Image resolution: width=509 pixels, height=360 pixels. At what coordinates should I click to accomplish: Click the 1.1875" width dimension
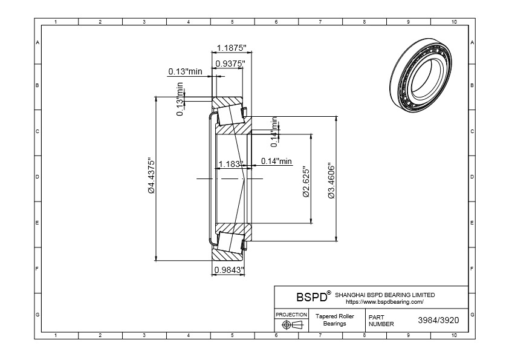pyautogui.click(x=230, y=48)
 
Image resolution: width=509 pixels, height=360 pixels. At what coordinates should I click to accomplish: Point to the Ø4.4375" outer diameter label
pyautogui.click(x=152, y=176)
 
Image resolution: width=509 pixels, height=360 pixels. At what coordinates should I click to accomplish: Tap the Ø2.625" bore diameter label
pyautogui.click(x=306, y=182)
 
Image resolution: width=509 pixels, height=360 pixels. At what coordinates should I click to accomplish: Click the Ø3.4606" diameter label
pyautogui.click(x=331, y=180)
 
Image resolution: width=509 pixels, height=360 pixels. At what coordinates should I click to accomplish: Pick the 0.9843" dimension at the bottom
pyautogui.click(x=228, y=270)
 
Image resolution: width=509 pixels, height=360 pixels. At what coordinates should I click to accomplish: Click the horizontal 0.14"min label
pyautogui.click(x=276, y=161)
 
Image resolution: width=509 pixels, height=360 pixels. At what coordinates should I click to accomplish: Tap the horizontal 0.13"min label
pyautogui.click(x=185, y=71)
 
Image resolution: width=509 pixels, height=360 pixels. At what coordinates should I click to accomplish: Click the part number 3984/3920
pyautogui.click(x=438, y=320)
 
